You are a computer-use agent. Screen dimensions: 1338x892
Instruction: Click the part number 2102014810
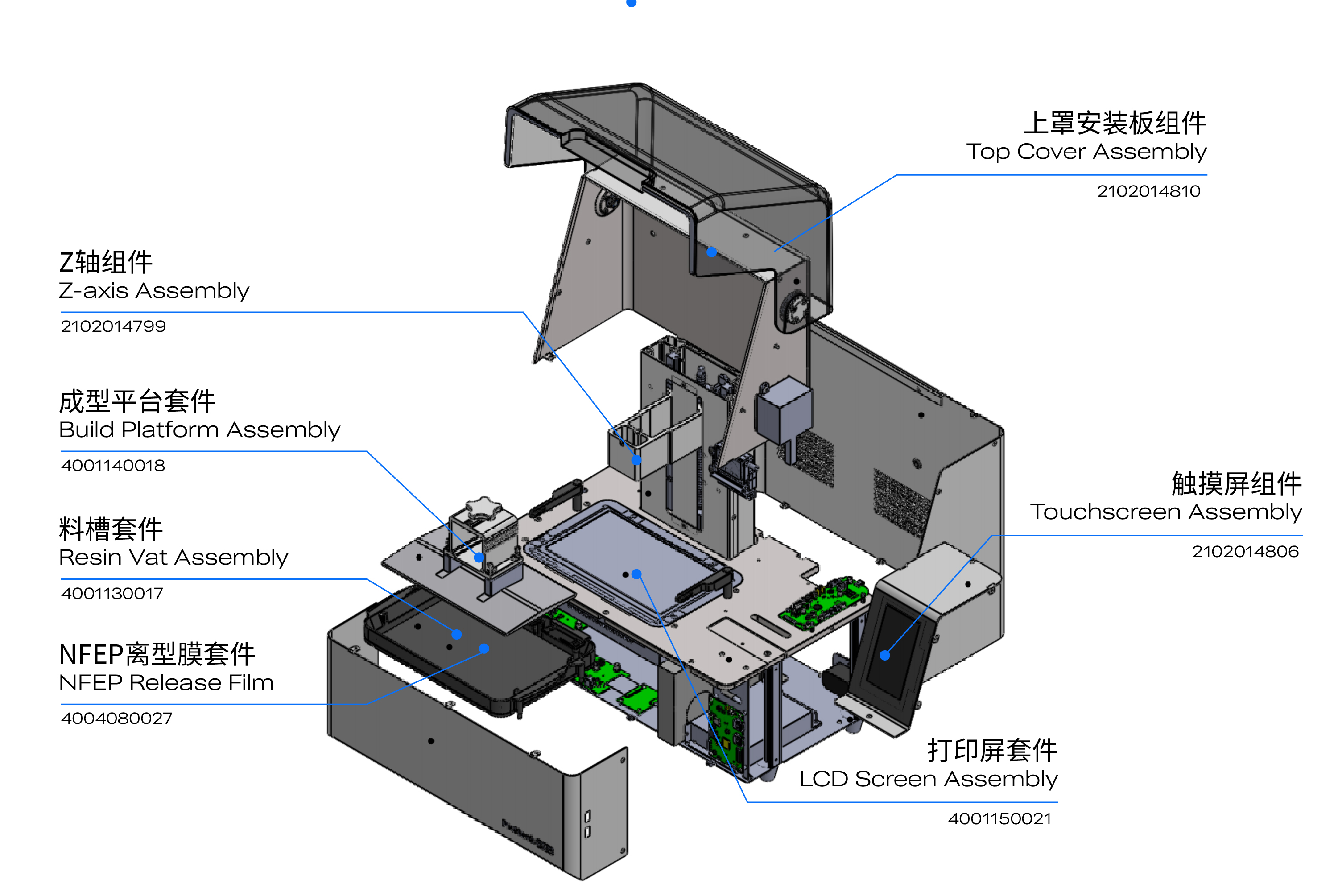click(1148, 191)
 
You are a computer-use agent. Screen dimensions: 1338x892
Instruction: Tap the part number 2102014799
click(113, 326)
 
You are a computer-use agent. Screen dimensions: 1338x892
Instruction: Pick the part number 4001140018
click(113, 465)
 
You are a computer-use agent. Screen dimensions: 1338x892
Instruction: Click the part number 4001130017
click(112, 593)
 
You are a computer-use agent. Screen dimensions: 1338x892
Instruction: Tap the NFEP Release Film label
click(166, 682)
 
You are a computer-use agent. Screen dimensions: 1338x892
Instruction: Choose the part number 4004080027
click(116, 718)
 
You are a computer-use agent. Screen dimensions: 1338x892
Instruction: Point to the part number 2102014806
click(1245, 551)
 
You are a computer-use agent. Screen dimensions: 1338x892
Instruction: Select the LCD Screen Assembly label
click(929, 779)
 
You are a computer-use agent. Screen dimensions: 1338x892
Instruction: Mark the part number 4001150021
click(999, 818)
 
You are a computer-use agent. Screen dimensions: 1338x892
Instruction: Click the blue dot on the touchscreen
click(884, 655)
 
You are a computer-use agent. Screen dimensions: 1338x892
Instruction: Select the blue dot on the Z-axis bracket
click(636, 460)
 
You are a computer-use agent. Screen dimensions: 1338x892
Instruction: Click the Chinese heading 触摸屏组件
click(1236, 484)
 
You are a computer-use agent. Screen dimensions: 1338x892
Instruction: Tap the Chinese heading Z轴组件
click(106, 262)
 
